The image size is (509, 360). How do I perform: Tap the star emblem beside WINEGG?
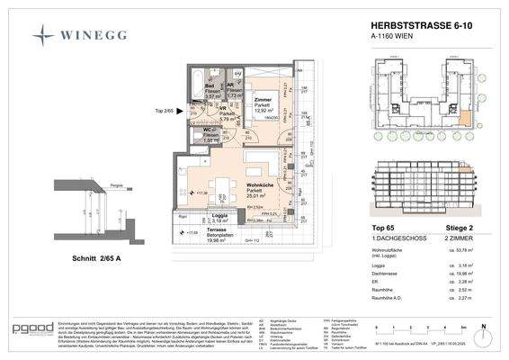pos(43,35)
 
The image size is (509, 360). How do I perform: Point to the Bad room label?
pos(208,85)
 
